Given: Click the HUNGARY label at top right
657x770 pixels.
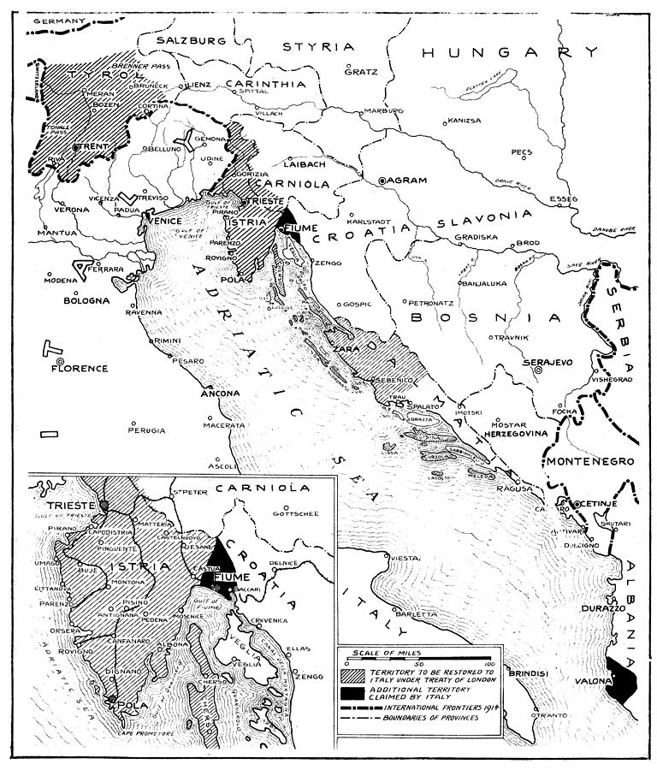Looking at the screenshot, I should [501, 53].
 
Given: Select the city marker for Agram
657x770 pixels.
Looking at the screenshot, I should [382, 181].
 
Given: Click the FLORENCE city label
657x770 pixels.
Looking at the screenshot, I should [79, 369].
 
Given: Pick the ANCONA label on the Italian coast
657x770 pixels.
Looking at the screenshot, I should [220, 394].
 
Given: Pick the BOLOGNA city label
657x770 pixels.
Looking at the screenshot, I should [86, 301].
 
